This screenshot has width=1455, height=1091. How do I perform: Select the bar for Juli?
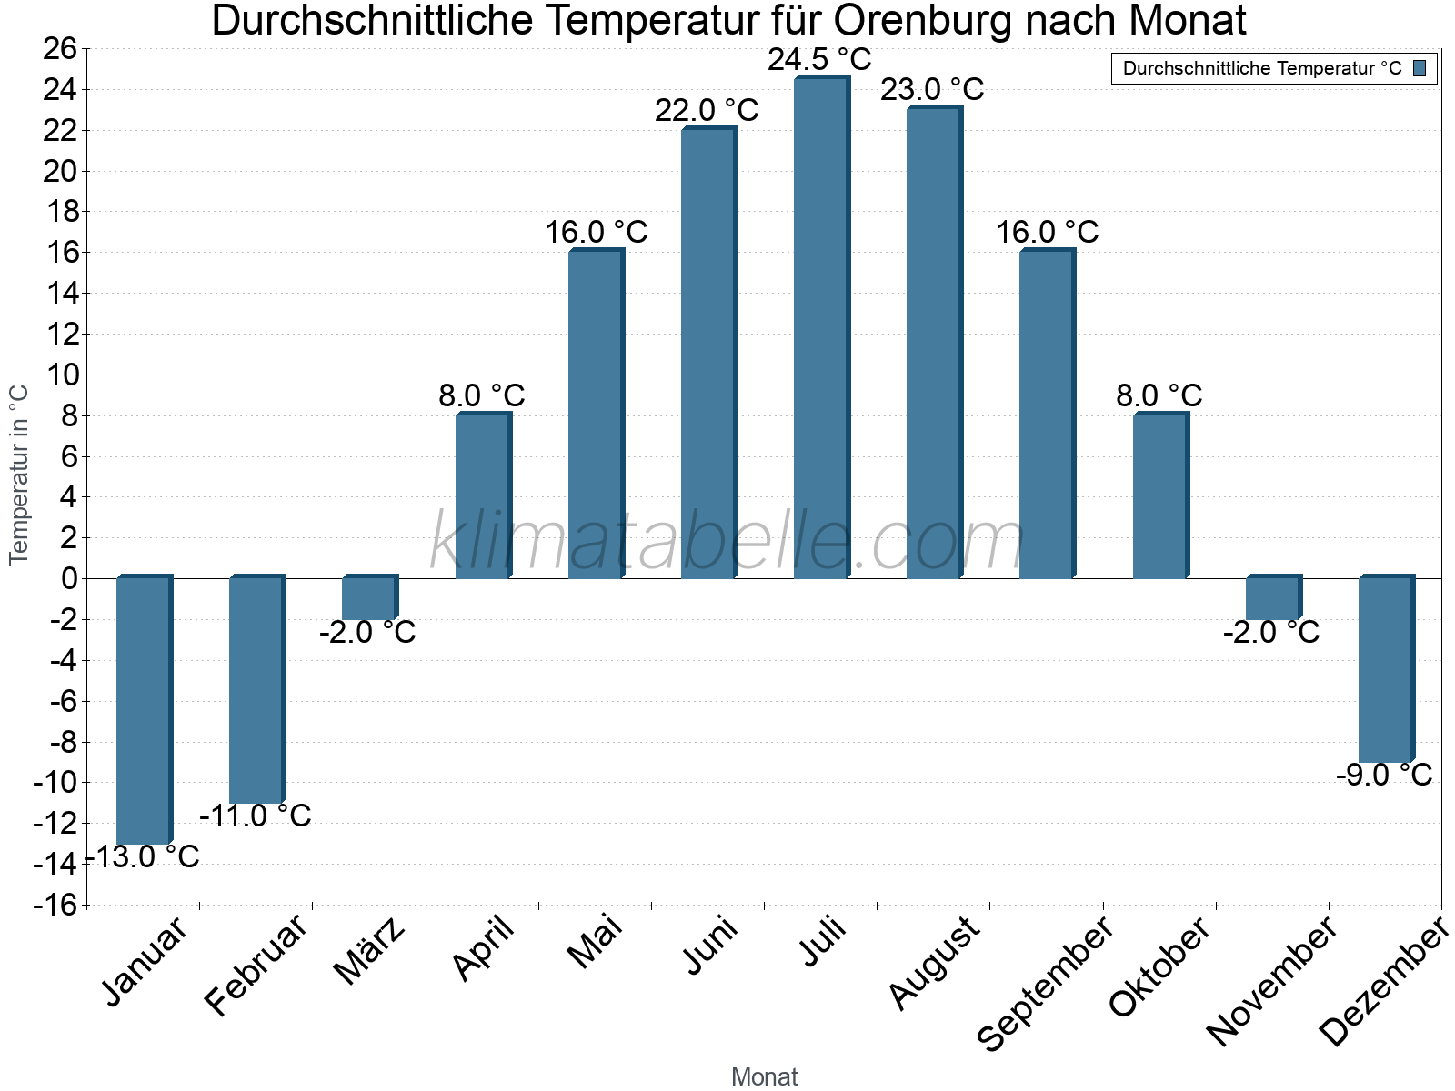coord(821,327)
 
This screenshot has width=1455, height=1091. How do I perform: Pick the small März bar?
coord(369,598)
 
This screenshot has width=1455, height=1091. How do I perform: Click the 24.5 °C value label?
coord(819,60)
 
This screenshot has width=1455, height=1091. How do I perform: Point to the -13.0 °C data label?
coord(143,856)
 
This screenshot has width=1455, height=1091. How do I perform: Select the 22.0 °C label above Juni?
coord(707,111)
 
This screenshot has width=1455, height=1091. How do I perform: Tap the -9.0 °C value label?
coord(1383,775)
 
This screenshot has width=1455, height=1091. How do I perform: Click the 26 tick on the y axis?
coord(60,48)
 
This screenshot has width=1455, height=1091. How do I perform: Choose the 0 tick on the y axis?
coord(69,578)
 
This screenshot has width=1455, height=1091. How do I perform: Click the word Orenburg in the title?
coord(908,20)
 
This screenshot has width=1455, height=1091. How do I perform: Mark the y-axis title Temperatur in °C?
coord(19,475)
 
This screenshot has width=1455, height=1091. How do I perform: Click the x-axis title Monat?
coord(764,1076)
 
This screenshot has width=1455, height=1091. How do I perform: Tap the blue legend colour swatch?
coord(1420,68)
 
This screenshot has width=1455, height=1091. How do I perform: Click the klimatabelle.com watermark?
coord(727,542)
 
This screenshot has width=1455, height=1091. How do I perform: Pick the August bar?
coord(934,343)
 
